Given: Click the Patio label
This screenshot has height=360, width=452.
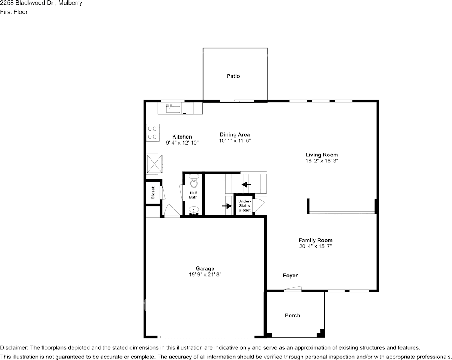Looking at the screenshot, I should [233, 76].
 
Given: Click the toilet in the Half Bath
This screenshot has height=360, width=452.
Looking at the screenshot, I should [194, 182].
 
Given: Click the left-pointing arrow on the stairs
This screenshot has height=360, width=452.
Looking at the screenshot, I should [246, 185].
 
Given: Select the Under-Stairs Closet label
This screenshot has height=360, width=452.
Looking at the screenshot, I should [244, 205].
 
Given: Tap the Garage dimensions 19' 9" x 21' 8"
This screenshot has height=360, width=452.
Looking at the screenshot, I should [205, 274].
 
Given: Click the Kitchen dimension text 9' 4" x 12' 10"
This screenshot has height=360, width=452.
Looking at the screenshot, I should [182, 143].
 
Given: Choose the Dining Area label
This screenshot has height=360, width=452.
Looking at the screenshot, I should [235, 135].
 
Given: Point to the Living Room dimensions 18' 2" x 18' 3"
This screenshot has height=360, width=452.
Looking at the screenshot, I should [321, 161].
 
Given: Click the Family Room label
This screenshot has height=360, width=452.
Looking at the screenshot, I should [315, 240].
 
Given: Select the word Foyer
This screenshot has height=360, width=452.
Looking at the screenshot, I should [290, 276].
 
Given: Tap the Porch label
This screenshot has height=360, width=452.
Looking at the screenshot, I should [293, 315].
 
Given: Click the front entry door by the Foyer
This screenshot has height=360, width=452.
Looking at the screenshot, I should [293, 289].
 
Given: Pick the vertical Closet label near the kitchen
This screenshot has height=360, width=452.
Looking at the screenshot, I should [153, 193].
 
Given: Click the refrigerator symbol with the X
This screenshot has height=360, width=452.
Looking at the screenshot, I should [155, 163].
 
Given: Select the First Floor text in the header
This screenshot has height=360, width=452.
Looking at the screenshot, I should [14, 12].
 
